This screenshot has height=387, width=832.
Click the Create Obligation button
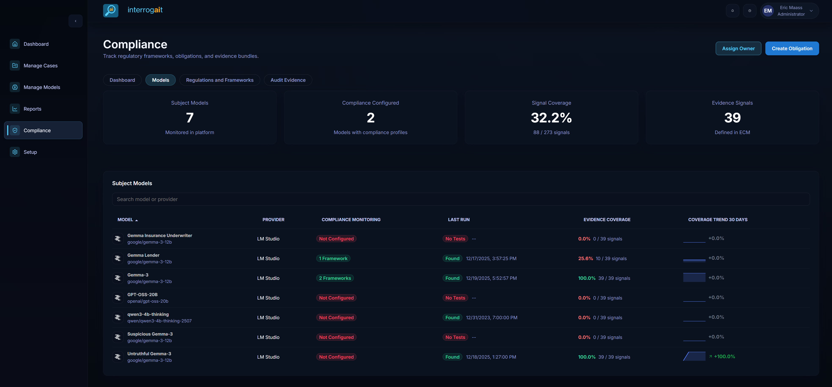coord(792,49)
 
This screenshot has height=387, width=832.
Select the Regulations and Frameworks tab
coord(220,80)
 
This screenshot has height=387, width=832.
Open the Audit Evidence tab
coord(288,80)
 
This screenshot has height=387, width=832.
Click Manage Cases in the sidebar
coord(40,66)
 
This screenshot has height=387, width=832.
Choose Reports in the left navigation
coord(32,109)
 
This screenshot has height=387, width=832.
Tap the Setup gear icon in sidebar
coord(15,152)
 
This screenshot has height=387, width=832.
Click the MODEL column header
coord(125,220)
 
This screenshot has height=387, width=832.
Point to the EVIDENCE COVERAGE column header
coord(607,220)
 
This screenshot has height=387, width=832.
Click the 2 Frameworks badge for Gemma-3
coord(335,278)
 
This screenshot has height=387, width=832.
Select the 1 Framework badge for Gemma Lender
coord(333,258)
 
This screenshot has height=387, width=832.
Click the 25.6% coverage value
coord(585,258)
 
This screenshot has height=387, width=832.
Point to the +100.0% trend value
coord(724,356)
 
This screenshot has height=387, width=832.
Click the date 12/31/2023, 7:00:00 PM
coord(491,318)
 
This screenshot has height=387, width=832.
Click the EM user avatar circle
coord(768,11)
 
